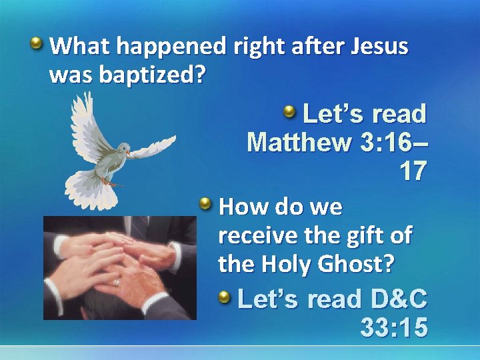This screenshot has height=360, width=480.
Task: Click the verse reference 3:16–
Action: [390, 143]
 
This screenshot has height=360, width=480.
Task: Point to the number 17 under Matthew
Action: [413, 172]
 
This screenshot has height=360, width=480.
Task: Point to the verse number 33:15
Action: [393, 328]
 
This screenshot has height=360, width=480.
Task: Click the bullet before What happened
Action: [37, 45]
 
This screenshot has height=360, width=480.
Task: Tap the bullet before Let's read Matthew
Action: [290, 111]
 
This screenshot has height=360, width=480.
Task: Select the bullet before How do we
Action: [207, 203]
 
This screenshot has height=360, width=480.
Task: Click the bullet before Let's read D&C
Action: [225, 297]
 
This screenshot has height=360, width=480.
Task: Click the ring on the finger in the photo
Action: [117, 282]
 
